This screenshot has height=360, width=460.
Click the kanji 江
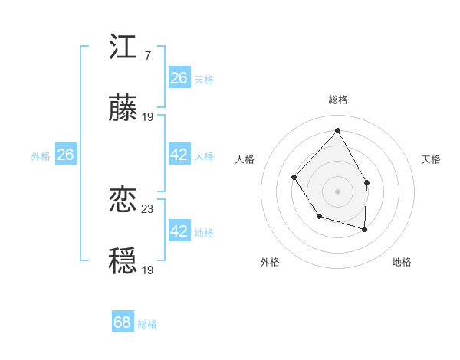tap(123, 47)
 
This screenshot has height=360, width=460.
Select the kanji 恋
tap(123, 201)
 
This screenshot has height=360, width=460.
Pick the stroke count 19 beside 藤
tap(148, 117)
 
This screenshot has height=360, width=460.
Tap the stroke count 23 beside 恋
tap(148, 208)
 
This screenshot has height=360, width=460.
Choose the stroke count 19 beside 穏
tap(148, 270)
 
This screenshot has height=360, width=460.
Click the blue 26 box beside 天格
tap(179, 78)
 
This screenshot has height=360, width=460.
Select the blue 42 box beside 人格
tap(179, 155)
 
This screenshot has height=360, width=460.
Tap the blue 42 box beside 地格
tap(179, 231)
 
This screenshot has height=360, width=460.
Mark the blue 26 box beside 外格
tap(65, 155)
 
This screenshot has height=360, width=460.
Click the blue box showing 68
tap(123, 322)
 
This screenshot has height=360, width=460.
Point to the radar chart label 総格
tap(338, 100)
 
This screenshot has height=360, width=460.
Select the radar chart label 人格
tap(245, 159)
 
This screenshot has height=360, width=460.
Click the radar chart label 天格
tap(431, 159)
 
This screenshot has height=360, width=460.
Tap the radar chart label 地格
tap(402, 262)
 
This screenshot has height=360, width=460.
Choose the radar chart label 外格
tap(270, 262)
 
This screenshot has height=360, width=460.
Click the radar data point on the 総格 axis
tap(337, 129)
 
